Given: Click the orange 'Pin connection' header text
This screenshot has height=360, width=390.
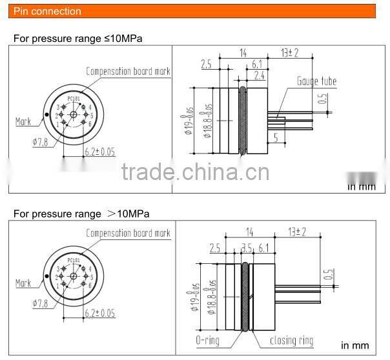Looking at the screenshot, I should click(x=48, y=11).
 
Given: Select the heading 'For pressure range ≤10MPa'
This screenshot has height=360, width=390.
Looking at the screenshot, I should click(x=78, y=38).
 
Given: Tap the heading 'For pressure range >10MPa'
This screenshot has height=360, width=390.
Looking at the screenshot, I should click(x=81, y=214).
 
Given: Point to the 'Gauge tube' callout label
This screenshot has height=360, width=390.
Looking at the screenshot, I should click(x=316, y=81).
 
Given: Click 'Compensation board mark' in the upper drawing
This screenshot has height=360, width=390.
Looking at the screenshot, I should click(x=128, y=71).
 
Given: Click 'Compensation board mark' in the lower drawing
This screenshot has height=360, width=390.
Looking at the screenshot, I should click(x=128, y=234).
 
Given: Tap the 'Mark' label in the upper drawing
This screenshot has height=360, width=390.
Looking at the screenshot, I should click(x=23, y=121).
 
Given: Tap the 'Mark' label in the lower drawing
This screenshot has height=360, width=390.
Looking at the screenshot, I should click(x=23, y=283).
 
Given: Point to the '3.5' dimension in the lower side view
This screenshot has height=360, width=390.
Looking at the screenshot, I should click(x=246, y=247).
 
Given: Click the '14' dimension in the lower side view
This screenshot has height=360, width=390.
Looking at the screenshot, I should click(x=250, y=230).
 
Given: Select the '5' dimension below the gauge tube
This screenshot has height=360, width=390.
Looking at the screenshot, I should click(x=275, y=137).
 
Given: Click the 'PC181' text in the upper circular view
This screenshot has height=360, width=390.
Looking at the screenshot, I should click(x=74, y=99).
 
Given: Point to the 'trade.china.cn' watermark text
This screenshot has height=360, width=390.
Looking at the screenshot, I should click(x=195, y=173).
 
